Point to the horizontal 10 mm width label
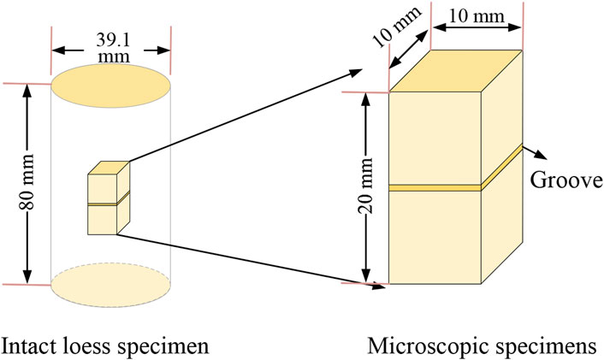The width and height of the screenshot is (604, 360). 477,15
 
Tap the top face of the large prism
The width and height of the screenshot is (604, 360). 455,69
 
